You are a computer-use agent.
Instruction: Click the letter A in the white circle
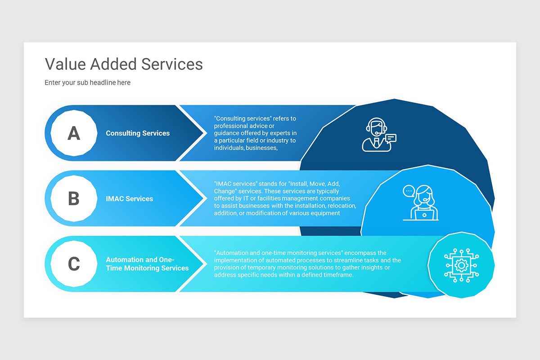coord(74,133)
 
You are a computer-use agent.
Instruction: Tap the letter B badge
coord(74,198)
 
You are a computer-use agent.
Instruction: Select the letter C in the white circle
coord(74,264)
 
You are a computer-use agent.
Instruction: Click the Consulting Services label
coord(138,133)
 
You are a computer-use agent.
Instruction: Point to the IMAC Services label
coord(129,198)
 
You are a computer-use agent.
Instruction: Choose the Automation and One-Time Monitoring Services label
coord(147,264)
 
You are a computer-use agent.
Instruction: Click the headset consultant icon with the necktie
coord(376,135)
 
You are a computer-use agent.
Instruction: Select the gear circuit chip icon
coord(461,265)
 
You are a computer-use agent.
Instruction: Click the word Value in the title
coord(65,64)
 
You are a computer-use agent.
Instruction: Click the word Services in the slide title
coord(172,64)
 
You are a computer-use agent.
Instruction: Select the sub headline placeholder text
coord(87,83)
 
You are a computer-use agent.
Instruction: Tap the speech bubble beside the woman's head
coord(409,191)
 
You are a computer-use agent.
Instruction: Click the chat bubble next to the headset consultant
coord(391,138)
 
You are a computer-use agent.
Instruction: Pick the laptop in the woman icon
coord(424,216)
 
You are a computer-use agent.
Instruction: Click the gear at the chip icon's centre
coord(461,265)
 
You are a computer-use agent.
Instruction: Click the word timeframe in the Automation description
coord(337,275)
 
